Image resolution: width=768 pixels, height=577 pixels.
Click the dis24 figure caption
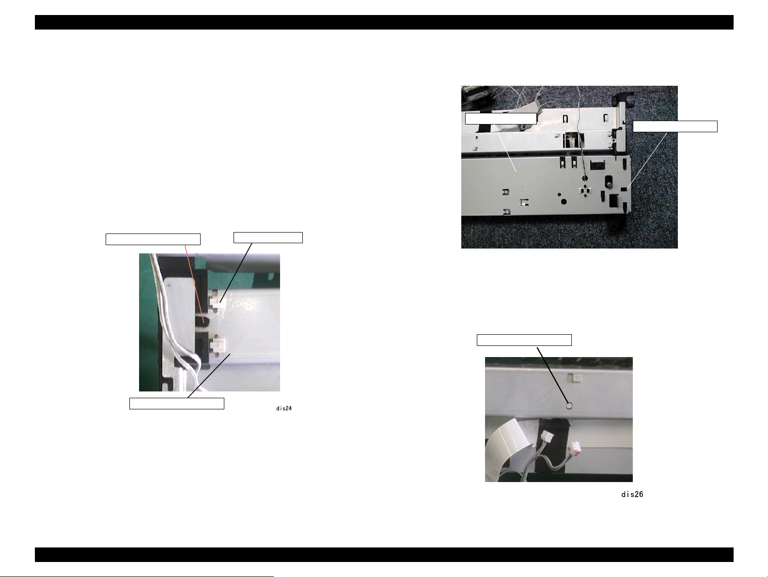tap(284, 408)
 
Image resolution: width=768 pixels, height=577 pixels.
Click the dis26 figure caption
tap(632, 494)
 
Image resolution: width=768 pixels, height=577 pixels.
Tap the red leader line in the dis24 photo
tap(194, 283)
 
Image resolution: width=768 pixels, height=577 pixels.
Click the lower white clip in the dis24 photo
tap(218, 344)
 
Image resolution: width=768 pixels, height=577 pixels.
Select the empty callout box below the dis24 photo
tap(177, 403)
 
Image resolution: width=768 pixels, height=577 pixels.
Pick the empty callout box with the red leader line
tap(153, 239)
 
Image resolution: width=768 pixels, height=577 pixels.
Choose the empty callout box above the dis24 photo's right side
tap(268, 237)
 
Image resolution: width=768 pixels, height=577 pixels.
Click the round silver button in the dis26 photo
tap(569, 405)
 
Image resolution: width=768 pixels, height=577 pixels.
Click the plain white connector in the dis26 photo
tap(547, 437)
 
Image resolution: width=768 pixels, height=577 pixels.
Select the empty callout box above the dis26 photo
tap(524, 340)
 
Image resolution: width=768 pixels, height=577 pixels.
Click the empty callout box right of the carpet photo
tap(675, 126)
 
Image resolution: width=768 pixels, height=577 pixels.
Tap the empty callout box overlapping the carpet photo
tap(501, 119)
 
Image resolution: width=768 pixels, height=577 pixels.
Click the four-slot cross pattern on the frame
tap(585, 191)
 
